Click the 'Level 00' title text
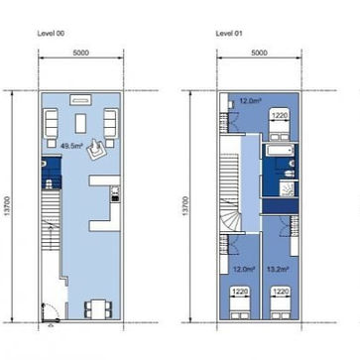[51, 32]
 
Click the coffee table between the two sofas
[81, 124]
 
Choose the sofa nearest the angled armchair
[110, 124]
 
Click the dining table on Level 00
[97, 308]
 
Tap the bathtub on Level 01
[278, 152]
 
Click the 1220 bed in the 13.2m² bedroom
[281, 298]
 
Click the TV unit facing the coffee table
[80, 99]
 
